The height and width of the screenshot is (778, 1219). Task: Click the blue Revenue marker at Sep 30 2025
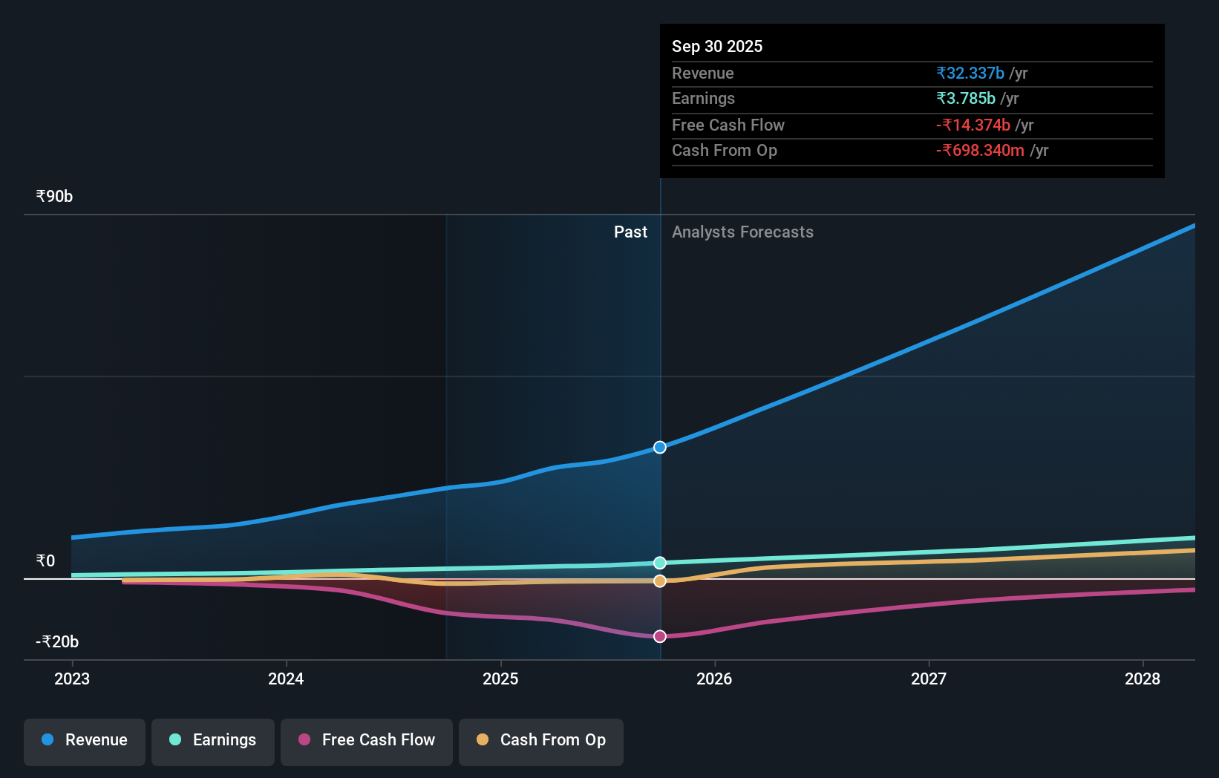[x=660, y=447]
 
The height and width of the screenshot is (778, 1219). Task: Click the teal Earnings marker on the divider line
[x=660, y=563]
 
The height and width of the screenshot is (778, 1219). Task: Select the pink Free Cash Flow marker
[x=660, y=636]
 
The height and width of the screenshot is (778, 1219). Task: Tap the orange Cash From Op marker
[x=660, y=581]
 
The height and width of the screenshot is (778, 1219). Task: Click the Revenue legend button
[x=85, y=740]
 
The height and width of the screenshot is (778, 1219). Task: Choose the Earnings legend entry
[x=213, y=740]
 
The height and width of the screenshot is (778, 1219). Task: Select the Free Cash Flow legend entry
[x=367, y=740]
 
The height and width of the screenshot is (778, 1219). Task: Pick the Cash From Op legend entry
[x=541, y=740]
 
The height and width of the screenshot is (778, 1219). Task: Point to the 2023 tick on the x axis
[x=72, y=679]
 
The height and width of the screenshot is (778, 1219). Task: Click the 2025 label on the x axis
[x=500, y=679]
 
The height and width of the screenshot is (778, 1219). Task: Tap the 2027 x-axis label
[x=929, y=679]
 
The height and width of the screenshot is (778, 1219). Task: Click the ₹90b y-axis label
[x=54, y=197]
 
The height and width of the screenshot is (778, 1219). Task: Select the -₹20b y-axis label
[x=57, y=641]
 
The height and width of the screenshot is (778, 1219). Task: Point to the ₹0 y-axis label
[x=45, y=560]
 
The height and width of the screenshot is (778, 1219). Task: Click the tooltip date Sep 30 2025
[x=717, y=46]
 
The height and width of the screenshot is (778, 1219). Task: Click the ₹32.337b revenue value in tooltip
[x=970, y=73]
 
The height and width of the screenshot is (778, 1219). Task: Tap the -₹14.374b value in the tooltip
[x=973, y=125]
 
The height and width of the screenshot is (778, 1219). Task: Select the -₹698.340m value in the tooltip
[x=980, y=150]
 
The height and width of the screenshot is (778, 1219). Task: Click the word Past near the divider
[x=630, y=232]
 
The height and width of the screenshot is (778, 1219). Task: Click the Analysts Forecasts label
[x=742, y=232]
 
